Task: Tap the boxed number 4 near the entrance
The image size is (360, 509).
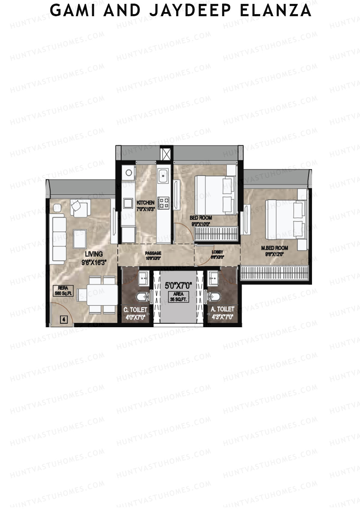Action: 64,319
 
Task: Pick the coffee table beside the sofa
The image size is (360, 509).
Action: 80,238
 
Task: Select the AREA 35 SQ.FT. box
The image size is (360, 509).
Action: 178,297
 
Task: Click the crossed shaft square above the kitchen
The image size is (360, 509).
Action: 166,154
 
